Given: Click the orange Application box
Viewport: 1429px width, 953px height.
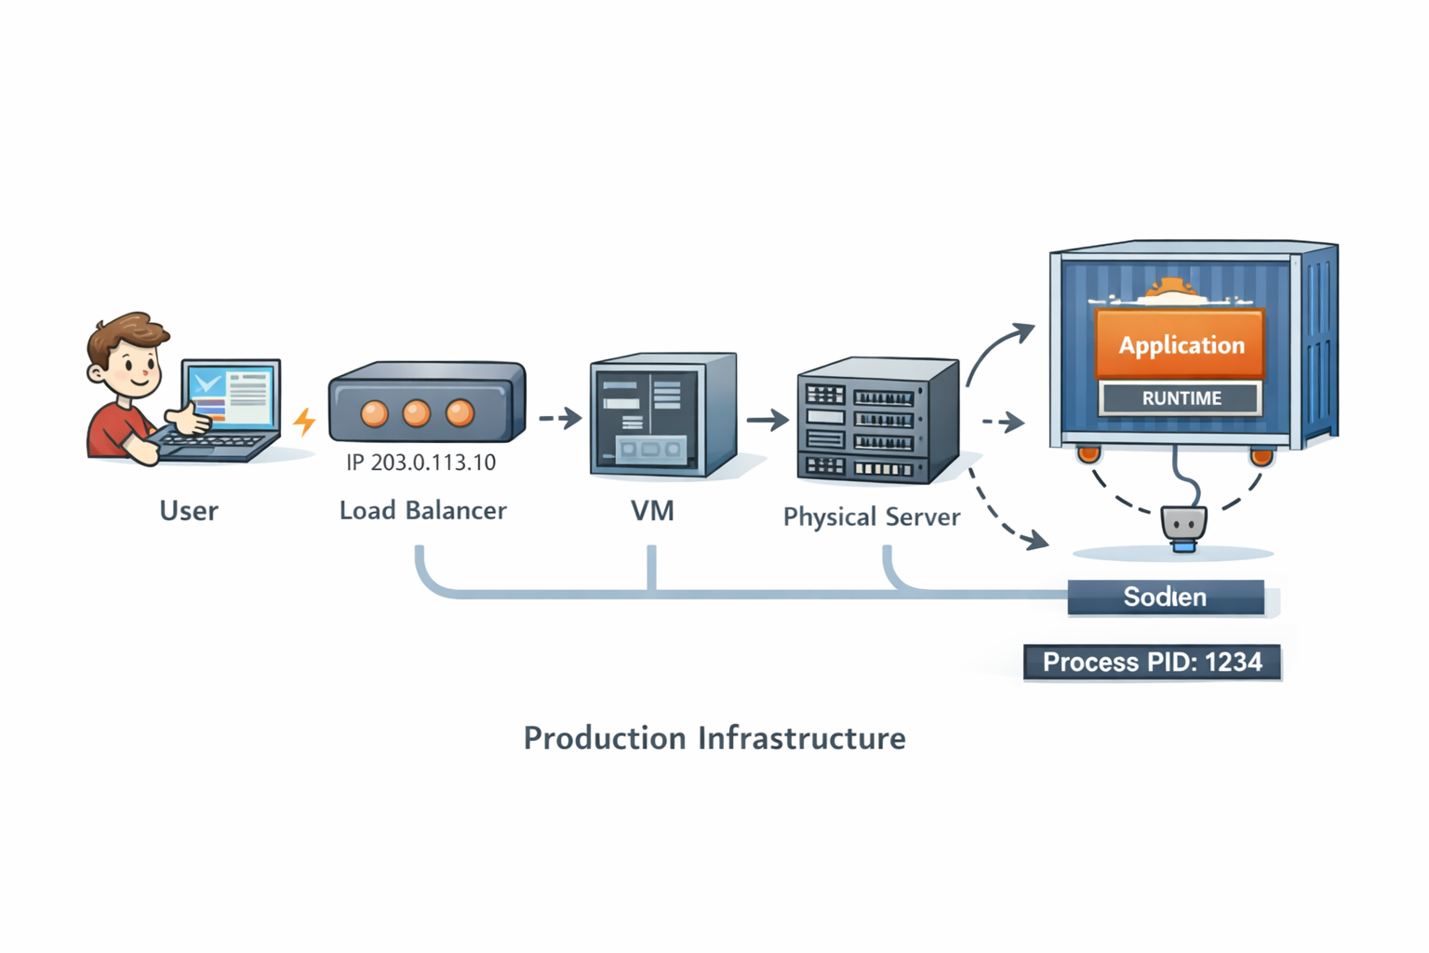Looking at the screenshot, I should point(1180,344).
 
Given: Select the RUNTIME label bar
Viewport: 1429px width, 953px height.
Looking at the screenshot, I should point(1181,398).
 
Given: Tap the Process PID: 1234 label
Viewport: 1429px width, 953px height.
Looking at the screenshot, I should point(1152,663).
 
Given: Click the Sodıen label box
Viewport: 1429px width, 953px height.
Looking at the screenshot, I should point(1165,597).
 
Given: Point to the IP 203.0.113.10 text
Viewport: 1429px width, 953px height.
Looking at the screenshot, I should point(421,463).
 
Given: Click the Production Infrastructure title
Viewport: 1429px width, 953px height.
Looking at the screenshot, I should point(714,738).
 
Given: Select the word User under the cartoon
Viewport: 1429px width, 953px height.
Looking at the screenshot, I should point(189,511).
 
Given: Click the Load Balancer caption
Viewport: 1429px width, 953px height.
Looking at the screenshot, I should point(422,511).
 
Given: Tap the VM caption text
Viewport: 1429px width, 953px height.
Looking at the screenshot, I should point(651,511).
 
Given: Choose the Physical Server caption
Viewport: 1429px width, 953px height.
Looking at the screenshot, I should point(871,517).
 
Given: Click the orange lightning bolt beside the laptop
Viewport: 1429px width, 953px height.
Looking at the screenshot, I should point(304,422).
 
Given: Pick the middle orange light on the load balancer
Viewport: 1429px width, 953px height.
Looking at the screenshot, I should point(416,412).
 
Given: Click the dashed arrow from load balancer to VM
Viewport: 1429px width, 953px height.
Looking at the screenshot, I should point(560,418).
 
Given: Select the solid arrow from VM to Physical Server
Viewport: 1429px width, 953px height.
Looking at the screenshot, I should point(768,420).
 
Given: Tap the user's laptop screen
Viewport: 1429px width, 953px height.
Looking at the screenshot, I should point(231,395).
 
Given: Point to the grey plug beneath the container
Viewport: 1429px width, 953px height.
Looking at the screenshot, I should point(1183,526).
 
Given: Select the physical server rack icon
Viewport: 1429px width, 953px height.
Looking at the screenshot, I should point(876,421).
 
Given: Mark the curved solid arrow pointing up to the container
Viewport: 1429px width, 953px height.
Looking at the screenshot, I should point(995,349).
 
